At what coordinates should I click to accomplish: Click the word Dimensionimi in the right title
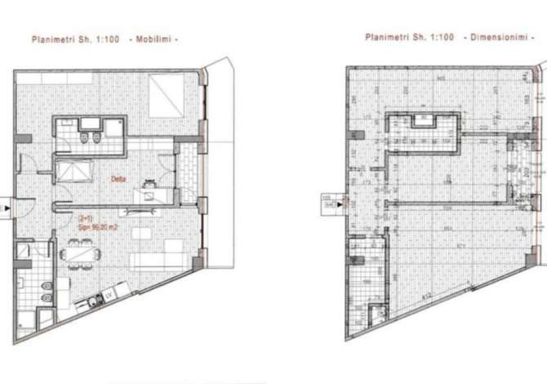click(498, 38)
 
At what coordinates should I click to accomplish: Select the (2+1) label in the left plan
click(84, 218)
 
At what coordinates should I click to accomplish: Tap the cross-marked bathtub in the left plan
click(74, 175)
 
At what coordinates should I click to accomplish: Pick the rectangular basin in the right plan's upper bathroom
click(424, 123)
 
